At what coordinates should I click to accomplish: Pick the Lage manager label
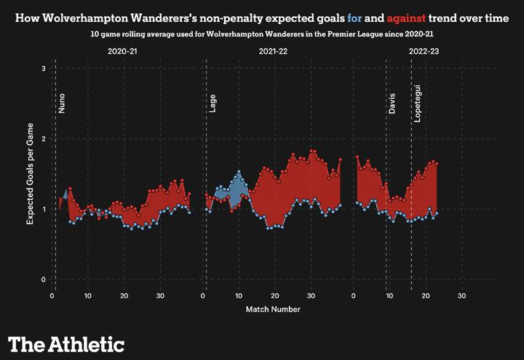213,104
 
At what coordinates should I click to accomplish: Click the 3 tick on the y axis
44,68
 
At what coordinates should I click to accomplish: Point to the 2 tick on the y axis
44,139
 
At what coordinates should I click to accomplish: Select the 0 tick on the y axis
44,280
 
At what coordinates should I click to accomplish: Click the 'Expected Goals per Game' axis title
31,175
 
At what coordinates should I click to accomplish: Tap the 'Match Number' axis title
273,309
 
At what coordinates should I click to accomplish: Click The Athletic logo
66,344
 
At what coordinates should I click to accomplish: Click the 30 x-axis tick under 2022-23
461,295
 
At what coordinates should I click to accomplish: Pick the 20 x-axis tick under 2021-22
274,295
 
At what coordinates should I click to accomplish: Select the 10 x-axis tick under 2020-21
88,295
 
